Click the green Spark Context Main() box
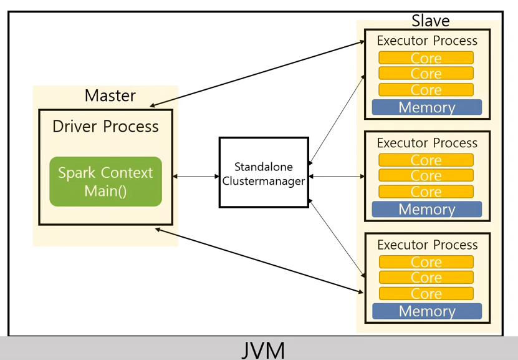click(x=105, y=182)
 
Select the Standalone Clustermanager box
click(x=264, y=173)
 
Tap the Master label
click(x=110, y=95)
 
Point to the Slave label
click(x=430, y=21)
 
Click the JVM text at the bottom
click(x=263, y=349)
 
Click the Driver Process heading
click(x=105, y=127)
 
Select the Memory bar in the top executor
click(x=427, y=107)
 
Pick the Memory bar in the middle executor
click(x=427, y=209)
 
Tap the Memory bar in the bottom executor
click(x=427, y=311)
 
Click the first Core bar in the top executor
click(x=426, y=58)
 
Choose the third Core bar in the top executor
click(x=426, y=90)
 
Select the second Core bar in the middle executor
click(x=426, y=176)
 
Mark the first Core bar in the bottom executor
click(x=426, y=262)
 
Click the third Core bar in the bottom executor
click(x=426, y=294)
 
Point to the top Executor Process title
click(x=427, y=41)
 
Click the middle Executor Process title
click(x=427, y=143)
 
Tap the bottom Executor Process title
click(x=427, y=245)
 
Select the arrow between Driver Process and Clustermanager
click(x=196, y=177)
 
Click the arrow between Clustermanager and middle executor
click(x=336, y=177)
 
